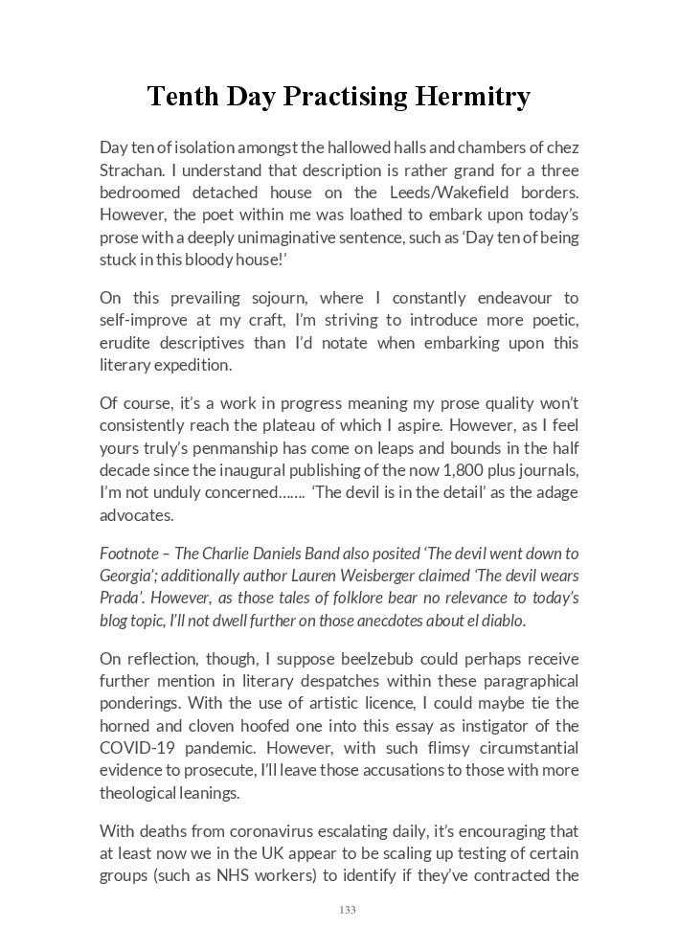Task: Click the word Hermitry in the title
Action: pos(472,97)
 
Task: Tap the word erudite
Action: pos(130,343)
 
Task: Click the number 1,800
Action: pos(405,469)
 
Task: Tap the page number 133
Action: pos(347,910)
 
